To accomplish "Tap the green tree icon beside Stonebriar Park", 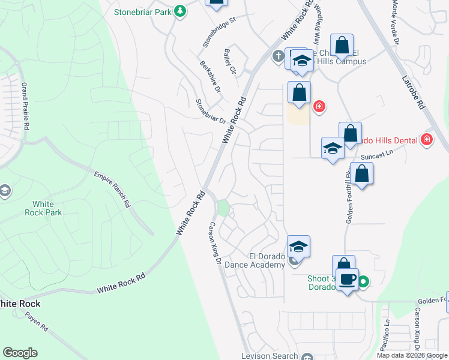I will (179, 11).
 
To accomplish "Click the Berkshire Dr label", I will (211, 76).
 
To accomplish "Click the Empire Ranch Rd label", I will (112, 188).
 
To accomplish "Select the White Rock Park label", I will (43, 208).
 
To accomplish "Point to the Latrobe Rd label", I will (412, 91).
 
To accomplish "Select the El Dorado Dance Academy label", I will (255, 260).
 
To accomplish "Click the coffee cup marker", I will (348, 278).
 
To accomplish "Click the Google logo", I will (20, 353).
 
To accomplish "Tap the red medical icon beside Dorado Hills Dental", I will (427, 140).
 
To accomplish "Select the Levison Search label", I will (270, 356).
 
